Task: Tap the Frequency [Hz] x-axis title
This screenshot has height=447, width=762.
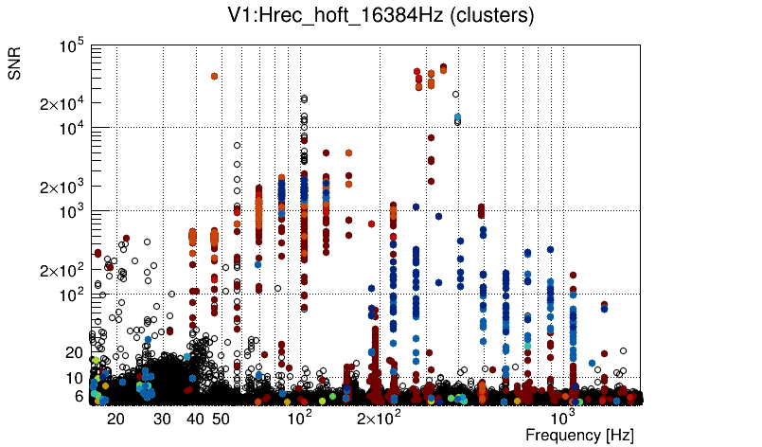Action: click(579, 435)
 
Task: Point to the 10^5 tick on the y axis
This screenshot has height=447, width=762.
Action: click(71, 45)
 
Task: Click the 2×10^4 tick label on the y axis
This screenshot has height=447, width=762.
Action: click(62, 103)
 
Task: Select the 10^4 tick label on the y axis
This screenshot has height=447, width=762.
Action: click(71, 128)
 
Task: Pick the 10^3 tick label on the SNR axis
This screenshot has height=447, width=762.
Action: click(71, 211)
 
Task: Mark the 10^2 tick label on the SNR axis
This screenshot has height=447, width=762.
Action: click(71, 295)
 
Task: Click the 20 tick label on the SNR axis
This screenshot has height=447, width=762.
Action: click(75, 352)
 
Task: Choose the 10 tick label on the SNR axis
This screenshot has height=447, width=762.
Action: click(75, 378)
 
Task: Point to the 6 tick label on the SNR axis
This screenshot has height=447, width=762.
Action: click(80, 396)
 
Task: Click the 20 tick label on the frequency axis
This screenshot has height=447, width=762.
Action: click(115, 419)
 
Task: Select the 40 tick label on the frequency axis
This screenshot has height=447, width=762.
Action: click(195, 419)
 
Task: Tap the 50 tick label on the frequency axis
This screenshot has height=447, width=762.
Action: click(220, 419)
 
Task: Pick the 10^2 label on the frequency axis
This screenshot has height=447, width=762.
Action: click(299, 417)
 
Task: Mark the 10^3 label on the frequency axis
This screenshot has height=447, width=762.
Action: click(562, 417)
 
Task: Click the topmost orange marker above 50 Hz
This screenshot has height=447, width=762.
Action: click(215, 76)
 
